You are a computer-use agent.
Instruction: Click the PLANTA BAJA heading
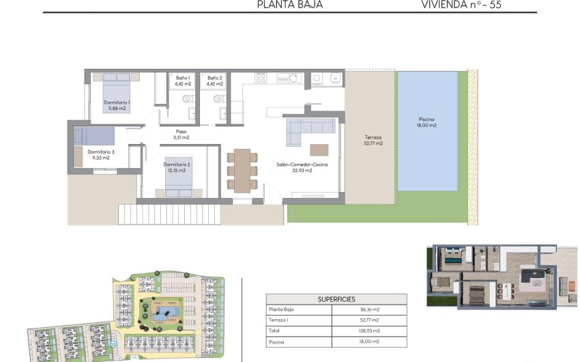[289, 4]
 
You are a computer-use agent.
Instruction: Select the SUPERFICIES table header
[336, 299]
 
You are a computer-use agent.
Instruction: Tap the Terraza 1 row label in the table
[278, 320]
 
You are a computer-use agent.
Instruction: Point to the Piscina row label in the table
[276, 342]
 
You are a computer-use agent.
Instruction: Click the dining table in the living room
[242, 170]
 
